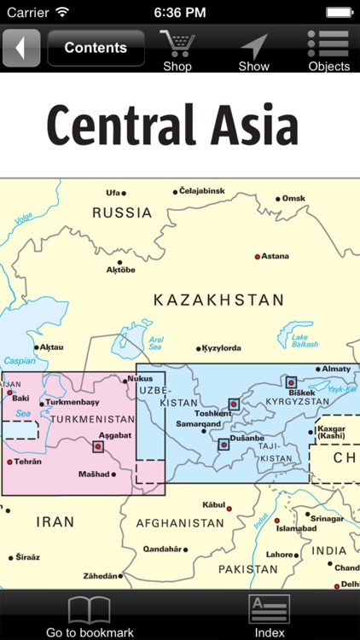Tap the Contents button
pos(96,48)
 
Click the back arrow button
pos(21,48)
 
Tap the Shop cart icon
pos(177,45)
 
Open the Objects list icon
pos(328,44)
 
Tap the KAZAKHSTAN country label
pos(218,300)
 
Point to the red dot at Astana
pos(258,256)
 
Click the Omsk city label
pos(293,198)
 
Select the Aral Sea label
pos(156,343)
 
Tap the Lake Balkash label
pos(304,340)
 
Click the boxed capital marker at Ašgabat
pos(98,445)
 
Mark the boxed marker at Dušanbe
pos(224,444)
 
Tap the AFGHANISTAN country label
pos(182,523)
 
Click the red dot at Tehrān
pos(10,462)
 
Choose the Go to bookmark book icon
pos(90,609)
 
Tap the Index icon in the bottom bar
pos(270,609)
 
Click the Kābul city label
pos(212,504)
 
